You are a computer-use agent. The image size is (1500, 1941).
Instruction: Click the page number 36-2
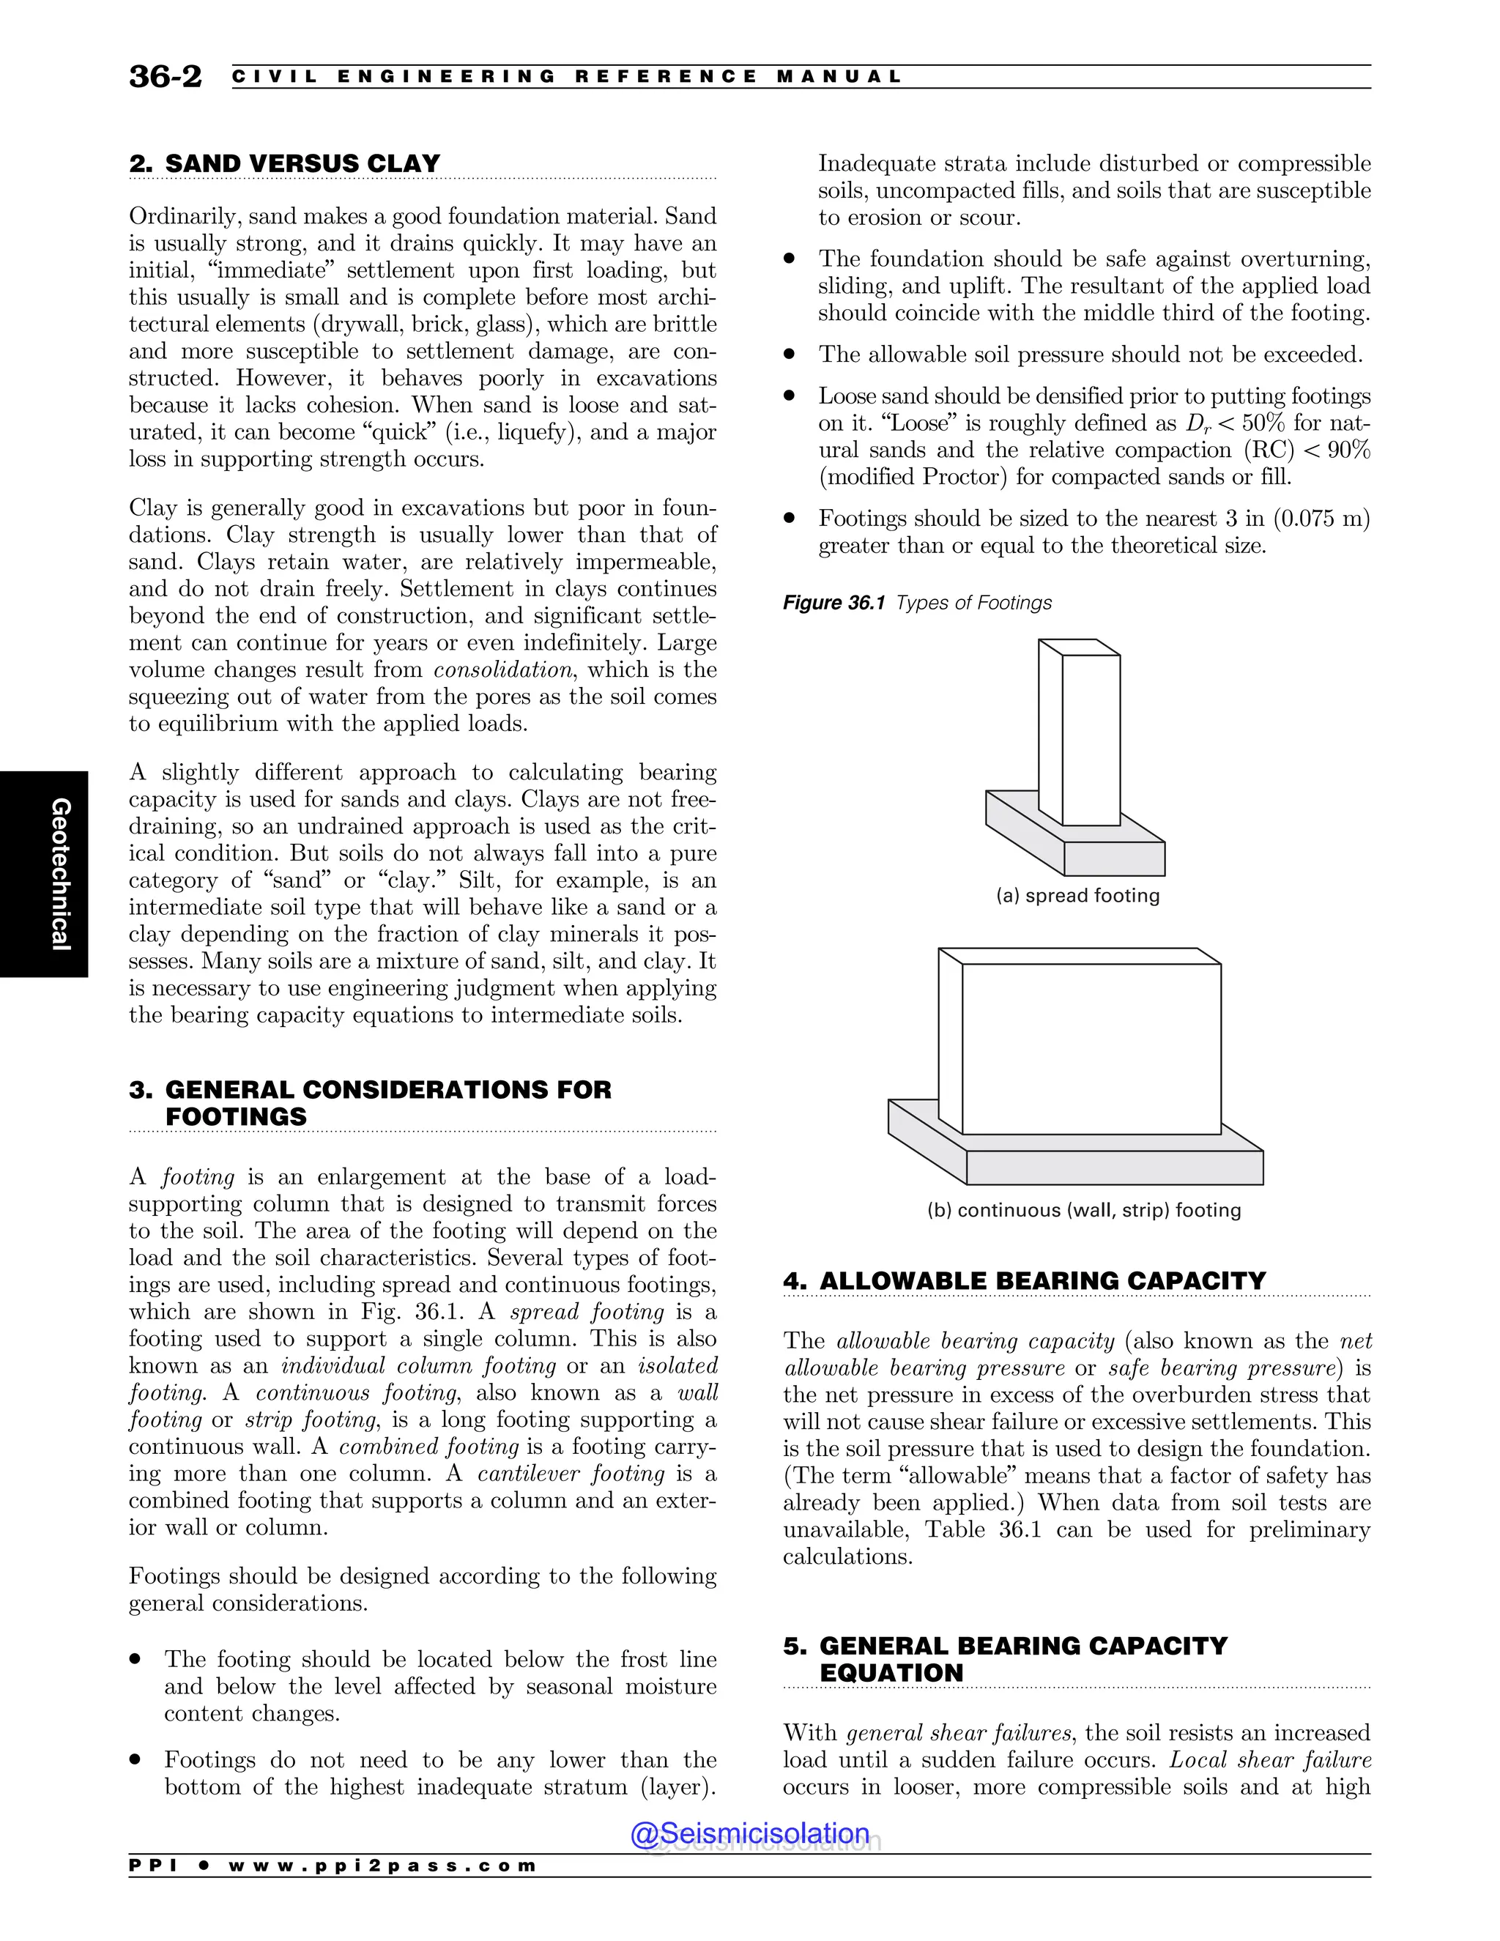166,76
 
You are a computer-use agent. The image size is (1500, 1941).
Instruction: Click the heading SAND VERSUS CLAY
284,163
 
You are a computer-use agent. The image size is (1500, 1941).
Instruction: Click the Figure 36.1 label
833,603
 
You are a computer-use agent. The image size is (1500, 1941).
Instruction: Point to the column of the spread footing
1089,738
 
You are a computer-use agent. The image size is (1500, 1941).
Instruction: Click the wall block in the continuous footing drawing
1091,1049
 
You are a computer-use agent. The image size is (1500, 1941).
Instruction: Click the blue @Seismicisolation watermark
749,1833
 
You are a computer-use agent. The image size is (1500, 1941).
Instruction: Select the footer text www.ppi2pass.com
382,1866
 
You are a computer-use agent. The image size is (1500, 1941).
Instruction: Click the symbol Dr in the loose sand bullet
1197,424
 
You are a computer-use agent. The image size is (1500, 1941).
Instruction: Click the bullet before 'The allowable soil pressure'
788,354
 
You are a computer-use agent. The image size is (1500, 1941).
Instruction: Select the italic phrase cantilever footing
571,1474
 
